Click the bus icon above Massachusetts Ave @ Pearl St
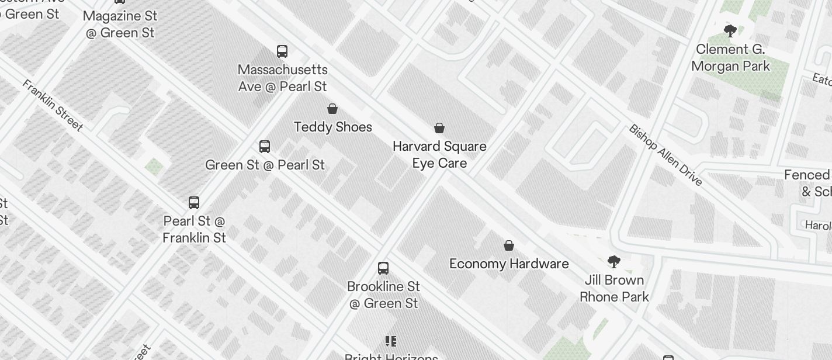tap(282, 51)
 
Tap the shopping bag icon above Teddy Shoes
tap(332, 109)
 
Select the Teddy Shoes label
tap(333, 127)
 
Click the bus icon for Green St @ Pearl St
tap(265, 147)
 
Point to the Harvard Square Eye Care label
tap(439, 154)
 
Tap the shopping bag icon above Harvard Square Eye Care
tap(439, 128)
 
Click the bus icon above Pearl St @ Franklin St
tap(194, 203)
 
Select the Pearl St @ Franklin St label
tap(194, 229)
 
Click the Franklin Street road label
tap(53, 105)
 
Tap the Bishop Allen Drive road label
tap(665, 155)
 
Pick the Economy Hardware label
tap(509, 264)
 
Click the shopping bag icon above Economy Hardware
tap(509, 245)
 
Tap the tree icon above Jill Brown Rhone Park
tap(613, 261)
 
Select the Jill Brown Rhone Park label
tap(614, 288)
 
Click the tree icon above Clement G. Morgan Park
tap(730, 31)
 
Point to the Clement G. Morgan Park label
tap(730, 57)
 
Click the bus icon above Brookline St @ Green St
tap(383, 268)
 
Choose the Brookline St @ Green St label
tap(384, 295)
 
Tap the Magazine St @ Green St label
tap(120, 24)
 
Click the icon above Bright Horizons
tap(391, 341)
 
